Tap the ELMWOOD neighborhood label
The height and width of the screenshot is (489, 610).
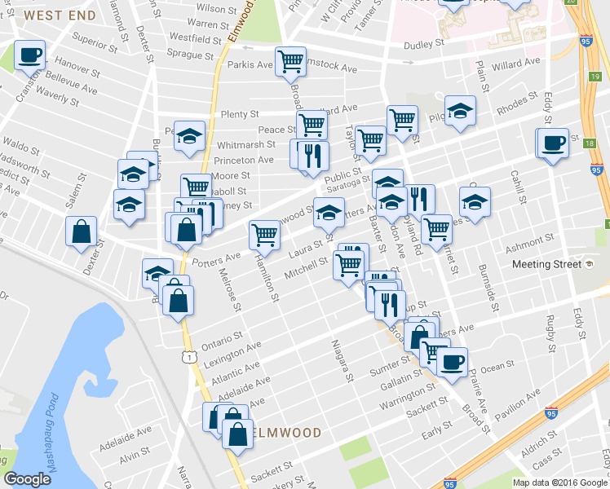(x=286, y=431)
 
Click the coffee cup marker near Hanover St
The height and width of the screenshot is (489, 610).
(x=30, y=55)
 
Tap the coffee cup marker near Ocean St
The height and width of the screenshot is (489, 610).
(x=452, y=360)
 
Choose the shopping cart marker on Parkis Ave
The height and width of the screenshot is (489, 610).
(x=290, y=61)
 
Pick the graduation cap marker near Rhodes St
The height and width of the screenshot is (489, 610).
(x=460, y=111)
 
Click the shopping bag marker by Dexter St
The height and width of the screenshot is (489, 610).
(x=82, y=231)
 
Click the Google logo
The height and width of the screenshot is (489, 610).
(x=27, y=479)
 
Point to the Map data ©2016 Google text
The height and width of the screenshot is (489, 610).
(x=560, y=482)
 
